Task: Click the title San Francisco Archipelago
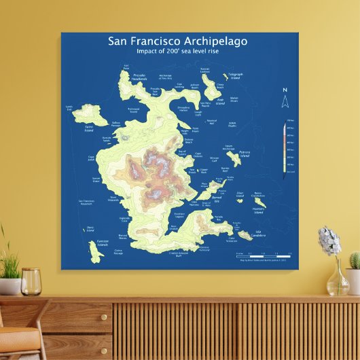177,41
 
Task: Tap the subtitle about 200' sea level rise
177,52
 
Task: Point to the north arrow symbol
285,101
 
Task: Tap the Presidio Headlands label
139,77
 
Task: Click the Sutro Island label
88,128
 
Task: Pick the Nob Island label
220,101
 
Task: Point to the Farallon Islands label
102,242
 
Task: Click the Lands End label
69,107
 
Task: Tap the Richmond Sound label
133,109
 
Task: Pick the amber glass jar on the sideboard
31,281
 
